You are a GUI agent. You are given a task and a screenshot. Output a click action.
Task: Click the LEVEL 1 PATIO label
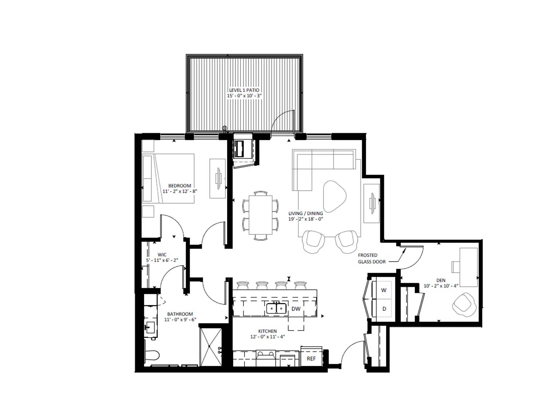click(x=244, y=90)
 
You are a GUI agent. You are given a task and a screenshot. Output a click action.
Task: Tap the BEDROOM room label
click(x=179, y=186)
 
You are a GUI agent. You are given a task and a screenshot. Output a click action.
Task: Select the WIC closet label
click(x=162, y=254)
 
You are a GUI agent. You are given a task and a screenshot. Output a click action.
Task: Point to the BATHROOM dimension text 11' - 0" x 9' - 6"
click(x=180, y=319)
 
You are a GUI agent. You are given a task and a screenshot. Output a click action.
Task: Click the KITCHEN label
click(x=267, y=331)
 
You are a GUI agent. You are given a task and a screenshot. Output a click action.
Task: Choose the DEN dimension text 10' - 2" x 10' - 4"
click(x=441, y=286)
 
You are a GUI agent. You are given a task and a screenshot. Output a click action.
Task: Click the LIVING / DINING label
click(x=306, y=213)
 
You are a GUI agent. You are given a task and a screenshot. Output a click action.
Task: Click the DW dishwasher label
click(x=296, y=309)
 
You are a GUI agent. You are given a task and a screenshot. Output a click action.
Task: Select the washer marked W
click(x=384, y=290)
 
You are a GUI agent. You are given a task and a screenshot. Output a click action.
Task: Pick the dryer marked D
click(x=384, y=309)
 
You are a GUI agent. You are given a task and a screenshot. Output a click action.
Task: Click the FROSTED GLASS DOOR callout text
click(x=372, y=258)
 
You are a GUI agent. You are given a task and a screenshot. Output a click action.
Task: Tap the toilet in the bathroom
click(x=151, y=356)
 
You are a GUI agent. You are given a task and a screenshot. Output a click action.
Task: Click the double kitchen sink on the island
click(x=277, y=308)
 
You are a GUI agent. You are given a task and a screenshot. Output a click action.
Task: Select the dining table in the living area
click(x=260, y=215)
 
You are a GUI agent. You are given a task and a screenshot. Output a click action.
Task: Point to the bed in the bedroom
click(x=168, y=179)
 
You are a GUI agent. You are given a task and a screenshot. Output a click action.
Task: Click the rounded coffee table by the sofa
click(x=334, y=196)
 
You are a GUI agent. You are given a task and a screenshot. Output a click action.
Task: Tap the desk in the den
click(x=469, y=267)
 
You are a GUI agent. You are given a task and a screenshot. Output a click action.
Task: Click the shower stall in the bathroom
click(x=211, y=347)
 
